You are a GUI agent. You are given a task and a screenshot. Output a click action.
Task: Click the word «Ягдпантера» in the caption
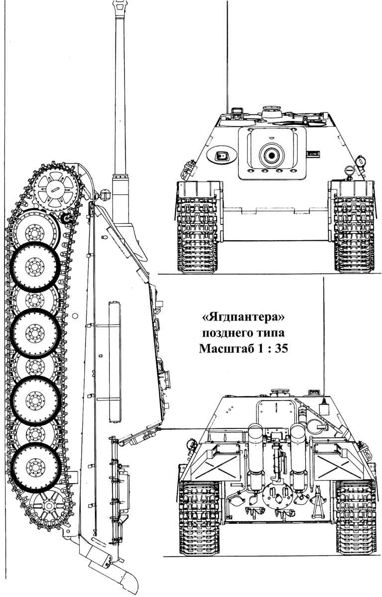click(243, 318)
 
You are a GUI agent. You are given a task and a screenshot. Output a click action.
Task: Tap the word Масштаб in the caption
click(227, 349)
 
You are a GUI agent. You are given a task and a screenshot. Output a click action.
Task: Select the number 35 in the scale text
click(281, 349)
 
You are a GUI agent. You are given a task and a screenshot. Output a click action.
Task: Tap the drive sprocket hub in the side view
click(56, 189)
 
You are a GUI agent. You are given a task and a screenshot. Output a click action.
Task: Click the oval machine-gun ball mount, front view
click(222, 155)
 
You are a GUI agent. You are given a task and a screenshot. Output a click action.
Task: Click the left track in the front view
click(198, 227)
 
